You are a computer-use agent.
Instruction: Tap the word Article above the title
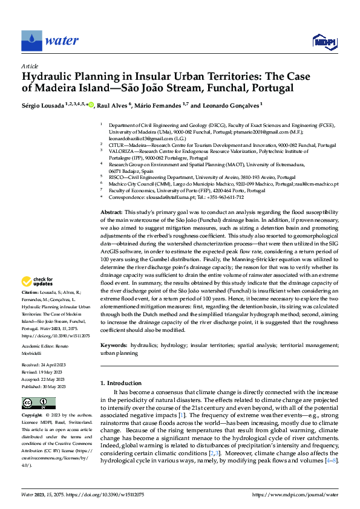pos(30,66)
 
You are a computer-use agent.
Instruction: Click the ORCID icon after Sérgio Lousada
pos(90,105)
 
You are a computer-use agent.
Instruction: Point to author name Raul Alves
pos(114,105)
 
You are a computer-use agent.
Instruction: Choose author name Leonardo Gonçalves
pos(231,105)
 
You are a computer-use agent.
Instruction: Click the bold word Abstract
pos(111,213)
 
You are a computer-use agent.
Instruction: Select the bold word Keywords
pos(114,344)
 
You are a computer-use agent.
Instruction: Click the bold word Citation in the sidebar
pos(31,292)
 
